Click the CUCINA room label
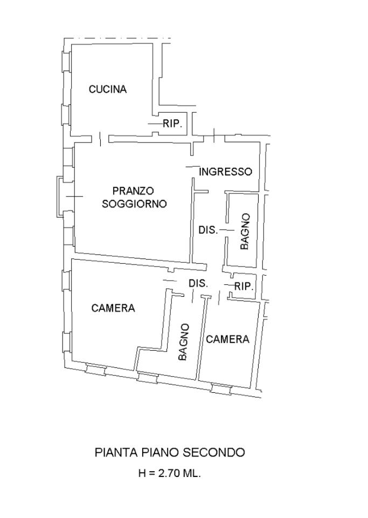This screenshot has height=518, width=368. (108, 90)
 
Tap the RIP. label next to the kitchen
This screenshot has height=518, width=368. (172, 124)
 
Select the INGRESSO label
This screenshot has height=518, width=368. (225, 172)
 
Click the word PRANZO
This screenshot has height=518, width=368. (133, 190)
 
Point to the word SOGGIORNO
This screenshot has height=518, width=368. (134, 204)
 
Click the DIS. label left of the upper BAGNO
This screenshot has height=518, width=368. (208, 230)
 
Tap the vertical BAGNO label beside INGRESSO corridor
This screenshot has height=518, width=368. (245, 231)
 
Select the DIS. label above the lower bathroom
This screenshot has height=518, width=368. (198, 283)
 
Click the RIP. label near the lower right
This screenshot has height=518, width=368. (244, 287)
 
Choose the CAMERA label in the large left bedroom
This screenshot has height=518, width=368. (113, 309)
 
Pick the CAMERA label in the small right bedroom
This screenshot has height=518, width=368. (227, 339)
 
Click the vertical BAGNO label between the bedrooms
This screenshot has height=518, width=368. (184, 342)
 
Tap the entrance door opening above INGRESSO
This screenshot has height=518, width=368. (214, 136)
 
